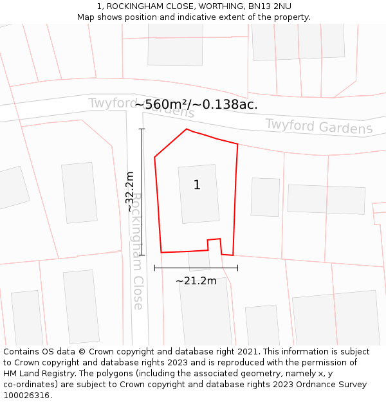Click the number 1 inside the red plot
tap(197, 185)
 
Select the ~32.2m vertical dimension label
tap(130, 192)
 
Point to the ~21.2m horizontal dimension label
tap(196, 280)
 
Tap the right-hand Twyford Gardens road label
tap(318, 126)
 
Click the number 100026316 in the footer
tap(26, 396)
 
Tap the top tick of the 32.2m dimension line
tap(142, 129)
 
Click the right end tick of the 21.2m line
tap(237, 268)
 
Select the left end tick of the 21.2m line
tap(155, 268)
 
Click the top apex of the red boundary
tap(187, 129)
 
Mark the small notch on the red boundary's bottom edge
tap(214, 243)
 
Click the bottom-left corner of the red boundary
tap(161, 252)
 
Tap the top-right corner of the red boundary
tap(237, 144)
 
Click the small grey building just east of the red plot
tap(265, 197)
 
